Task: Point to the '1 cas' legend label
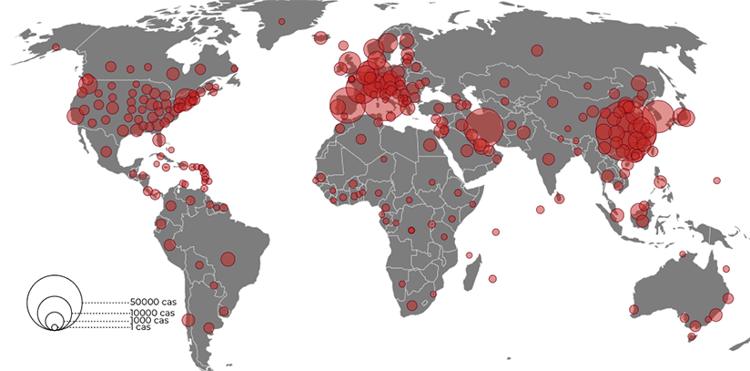138,327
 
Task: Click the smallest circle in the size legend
56,327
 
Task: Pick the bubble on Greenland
282,21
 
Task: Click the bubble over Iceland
320,37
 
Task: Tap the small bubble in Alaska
56,46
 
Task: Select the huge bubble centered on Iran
486,128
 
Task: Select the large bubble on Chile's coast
188,320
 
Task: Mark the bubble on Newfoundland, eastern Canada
236,68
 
